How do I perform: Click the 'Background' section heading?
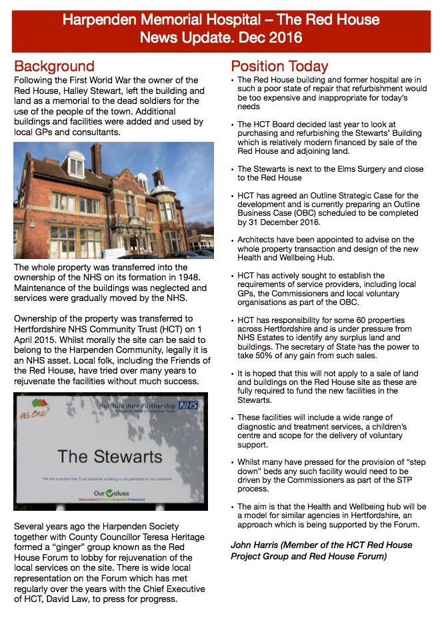click(x=55, y=67)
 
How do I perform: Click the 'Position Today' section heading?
click(x=279, y=67)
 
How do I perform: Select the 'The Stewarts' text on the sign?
click(x=109, y=457)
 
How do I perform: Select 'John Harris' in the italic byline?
click(x=256, y=545)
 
